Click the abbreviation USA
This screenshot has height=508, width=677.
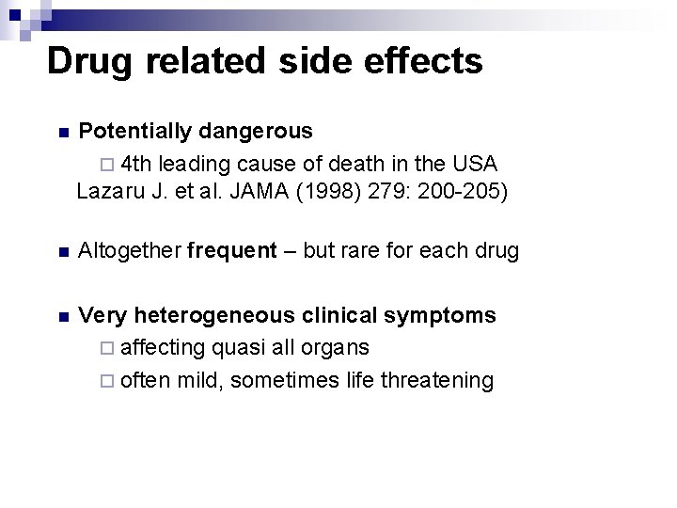pyautogui.click(x=475, y=163)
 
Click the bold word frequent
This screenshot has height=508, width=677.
pyautogui.click(x=232, y=251)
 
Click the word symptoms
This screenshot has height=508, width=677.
pyautogui.click(x=439, y=314)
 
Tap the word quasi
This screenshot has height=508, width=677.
pyautogui.click(x=239, y=347)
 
